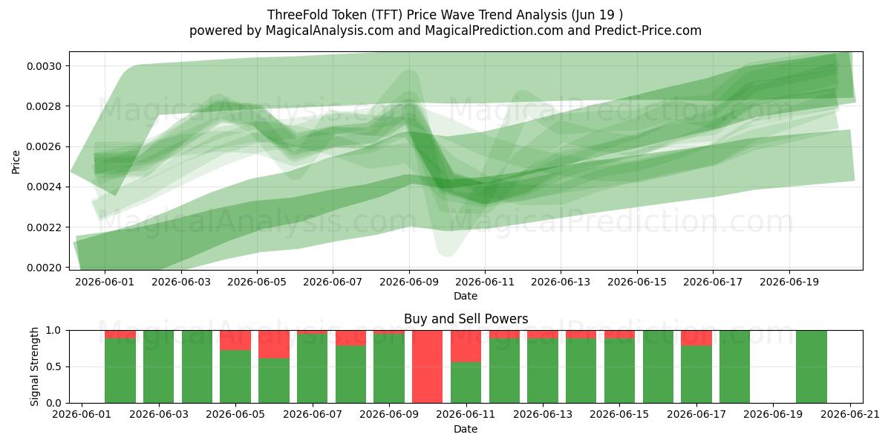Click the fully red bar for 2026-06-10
427,366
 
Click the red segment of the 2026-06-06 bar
274,344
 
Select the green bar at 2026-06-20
812,366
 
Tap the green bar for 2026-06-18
734,366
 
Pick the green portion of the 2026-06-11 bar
466,382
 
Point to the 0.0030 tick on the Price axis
44,66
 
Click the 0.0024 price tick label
44,187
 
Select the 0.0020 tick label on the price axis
44,268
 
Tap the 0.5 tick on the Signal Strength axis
53,366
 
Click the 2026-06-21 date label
850,414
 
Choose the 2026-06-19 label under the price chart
789,282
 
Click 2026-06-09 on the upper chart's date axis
409,282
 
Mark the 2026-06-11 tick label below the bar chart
466,414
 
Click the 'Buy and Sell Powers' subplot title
466,319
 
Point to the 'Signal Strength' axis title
34,366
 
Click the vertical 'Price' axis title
16,162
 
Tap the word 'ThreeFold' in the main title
293,15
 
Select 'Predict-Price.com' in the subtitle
648,30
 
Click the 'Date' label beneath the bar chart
466,429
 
